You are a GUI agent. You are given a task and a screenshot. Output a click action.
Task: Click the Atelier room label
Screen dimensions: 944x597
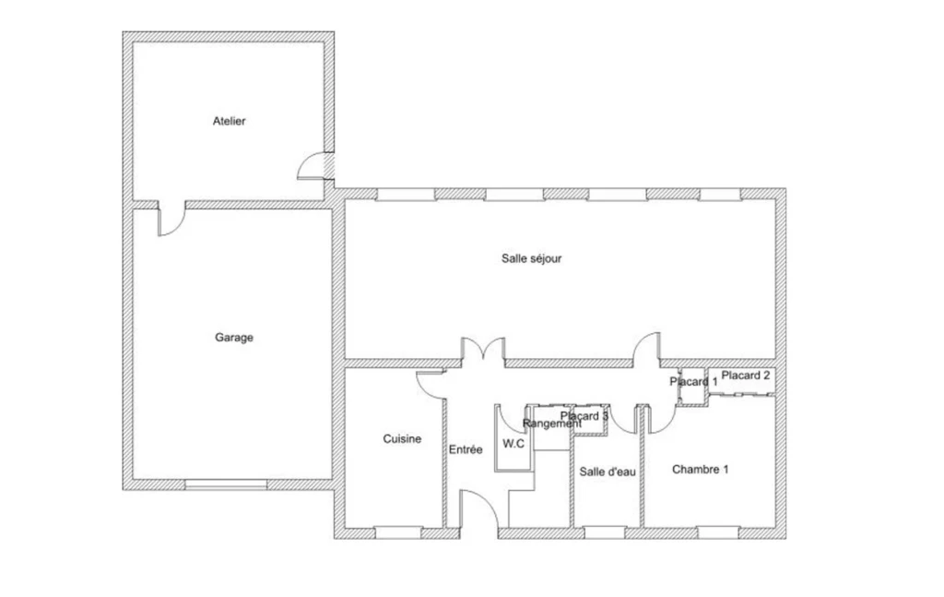coord(229,121)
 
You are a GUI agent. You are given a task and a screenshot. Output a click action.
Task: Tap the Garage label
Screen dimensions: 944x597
coord(233,338)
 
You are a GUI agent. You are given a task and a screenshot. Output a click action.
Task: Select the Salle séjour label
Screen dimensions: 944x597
coord(531,258)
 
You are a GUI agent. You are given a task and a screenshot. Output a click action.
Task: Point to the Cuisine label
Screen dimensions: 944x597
coord(402,438)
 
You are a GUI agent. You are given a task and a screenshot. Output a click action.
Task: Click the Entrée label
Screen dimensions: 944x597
coord(466,448)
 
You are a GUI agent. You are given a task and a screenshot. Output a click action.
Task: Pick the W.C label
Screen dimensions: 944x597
coord(513,444)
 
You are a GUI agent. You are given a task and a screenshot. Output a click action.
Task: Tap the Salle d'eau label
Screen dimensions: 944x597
coord(608,472)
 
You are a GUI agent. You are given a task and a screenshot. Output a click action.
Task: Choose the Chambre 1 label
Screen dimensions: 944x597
coord(701,470)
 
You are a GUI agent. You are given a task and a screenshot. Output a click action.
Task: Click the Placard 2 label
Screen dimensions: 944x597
coord(745,376)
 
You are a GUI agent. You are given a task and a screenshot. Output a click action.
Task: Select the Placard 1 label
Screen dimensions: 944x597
coord(693,381)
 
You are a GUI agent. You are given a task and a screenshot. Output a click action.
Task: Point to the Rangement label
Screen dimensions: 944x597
coord(552,424)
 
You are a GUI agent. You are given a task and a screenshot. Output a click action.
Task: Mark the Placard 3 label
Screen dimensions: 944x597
coord(584,416)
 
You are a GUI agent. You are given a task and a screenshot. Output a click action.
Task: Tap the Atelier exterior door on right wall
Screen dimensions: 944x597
coord(315,166)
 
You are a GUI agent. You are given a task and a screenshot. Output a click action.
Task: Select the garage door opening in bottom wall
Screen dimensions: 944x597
coord(226,484)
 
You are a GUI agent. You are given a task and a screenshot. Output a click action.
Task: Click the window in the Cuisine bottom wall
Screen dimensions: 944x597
coord(398,532)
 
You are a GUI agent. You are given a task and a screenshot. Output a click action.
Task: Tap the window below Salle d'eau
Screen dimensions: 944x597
coord(605,532)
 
